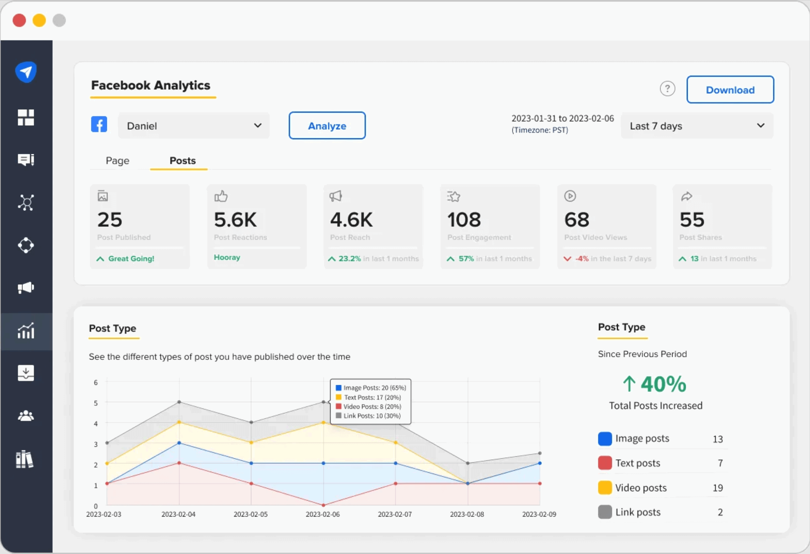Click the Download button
(730, 90)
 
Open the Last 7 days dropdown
(697, 126)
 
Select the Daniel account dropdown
(193, 126)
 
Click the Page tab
(117, 161)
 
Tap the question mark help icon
(667, 89)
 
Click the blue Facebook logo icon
(99, 125)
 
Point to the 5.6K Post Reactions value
(235, 220)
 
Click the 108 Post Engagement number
(464, 220)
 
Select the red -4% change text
(582, 259)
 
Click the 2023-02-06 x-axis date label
(322, 514)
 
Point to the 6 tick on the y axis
(96, 382)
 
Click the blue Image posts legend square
(605, 439)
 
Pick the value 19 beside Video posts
(717, 488)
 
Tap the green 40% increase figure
(663, 384)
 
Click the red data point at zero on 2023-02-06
(323, 505)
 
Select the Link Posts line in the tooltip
(371, 416)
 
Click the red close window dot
(19, 20)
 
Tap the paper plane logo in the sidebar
(26, 72)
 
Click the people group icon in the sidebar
(26, 416)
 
